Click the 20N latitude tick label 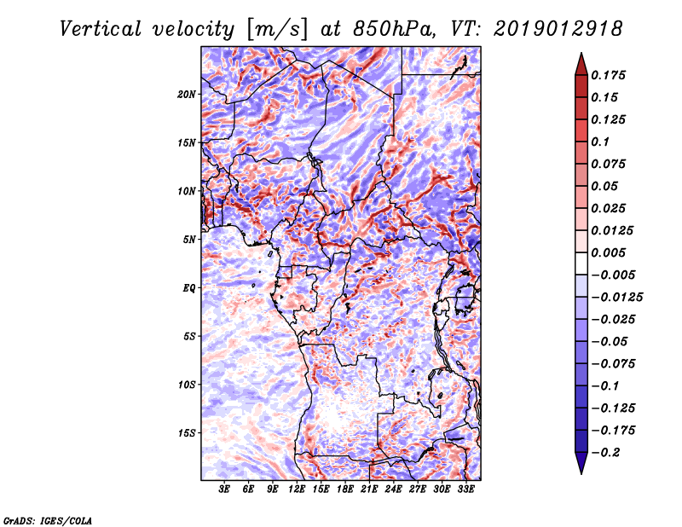[187, 94]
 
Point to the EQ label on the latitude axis [189, 288]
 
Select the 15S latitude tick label [187, 433]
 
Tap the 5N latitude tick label [189, 240]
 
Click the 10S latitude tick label [187, 385]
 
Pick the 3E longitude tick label [225, 489]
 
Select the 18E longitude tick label [345, 489]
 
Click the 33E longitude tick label [465, 489]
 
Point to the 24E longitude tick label [393, 489]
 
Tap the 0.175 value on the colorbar [610, 75]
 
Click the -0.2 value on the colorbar [606, 452]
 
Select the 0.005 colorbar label [610, 253]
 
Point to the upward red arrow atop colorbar [580, 62]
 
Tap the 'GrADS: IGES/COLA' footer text [47, 519]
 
